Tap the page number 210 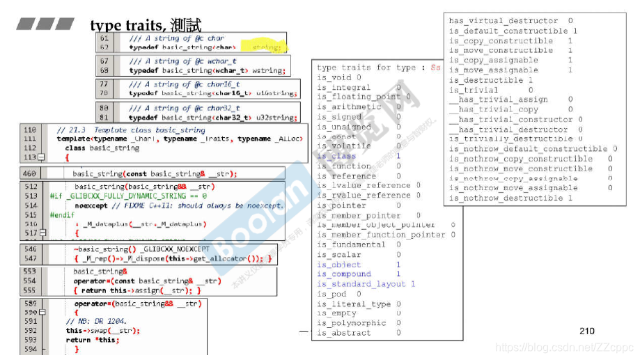(587, 331)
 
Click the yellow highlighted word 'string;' (267, 47)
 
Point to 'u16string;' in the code (275, 93)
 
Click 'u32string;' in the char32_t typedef (275, 118)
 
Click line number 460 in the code (30, 173)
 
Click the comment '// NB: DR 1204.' (97, 321)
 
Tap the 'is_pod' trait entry (332, 294)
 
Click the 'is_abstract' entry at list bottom (344, 333)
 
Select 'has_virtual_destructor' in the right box (503, 21)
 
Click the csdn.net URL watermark (564, 346)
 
